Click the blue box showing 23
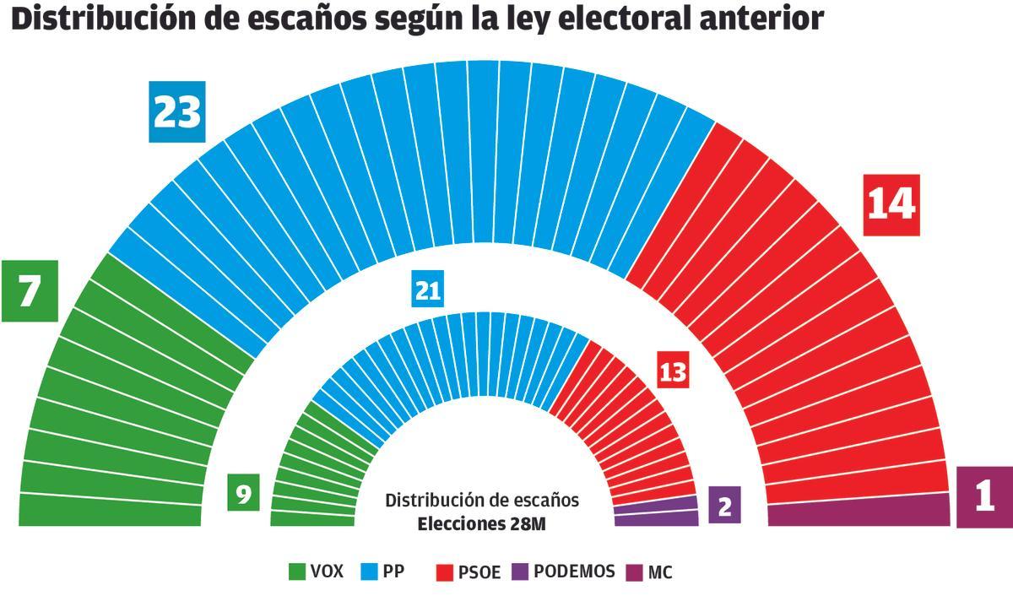tap(177, 112)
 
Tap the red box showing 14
tap(891, 204)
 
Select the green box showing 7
tap(30, 291)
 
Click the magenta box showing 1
tap(983, 497)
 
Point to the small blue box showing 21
tap(428, 290)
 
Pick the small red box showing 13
tap(673, 371)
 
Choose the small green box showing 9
tap(244, 494)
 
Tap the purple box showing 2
tap(724, 506)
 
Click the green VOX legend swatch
tap(296, 572)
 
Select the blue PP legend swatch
tap(370, 572)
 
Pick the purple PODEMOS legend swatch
tap(520, 572)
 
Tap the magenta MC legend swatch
tap(635, 572)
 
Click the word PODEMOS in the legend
tap(574, 572)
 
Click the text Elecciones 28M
tap(482, 523)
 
